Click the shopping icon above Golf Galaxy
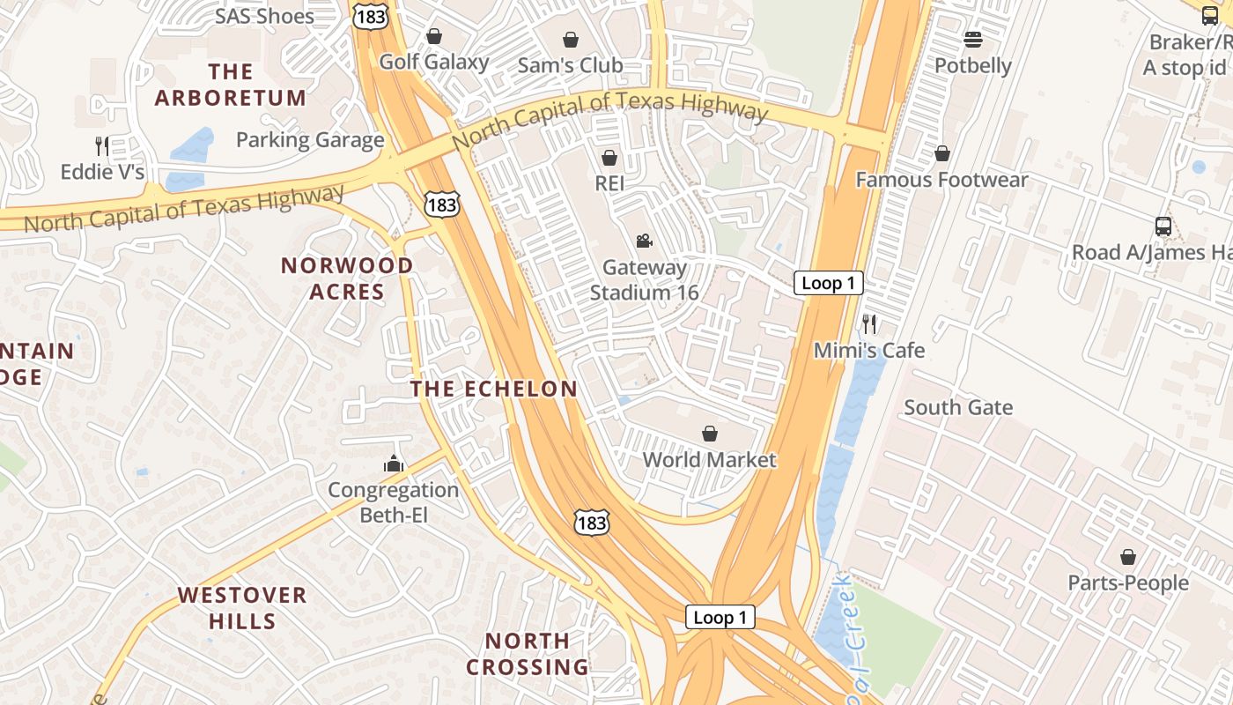click(x=434, y=36)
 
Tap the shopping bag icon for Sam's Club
click(x=571, y=40)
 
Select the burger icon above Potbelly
click(x=973, y=40)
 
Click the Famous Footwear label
click(x=941, y=180)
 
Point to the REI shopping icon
click(x=609, y=158)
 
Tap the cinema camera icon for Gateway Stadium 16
click(x=645, y=241)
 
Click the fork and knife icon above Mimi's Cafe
click(x=869, y=323)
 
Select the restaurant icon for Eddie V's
click(x=102, y=145)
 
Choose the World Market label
click(x=709, y=459)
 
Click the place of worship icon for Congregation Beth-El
click(x=393, y=463)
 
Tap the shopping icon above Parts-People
click(x=1128, y=557)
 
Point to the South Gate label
click(x=958, y=407)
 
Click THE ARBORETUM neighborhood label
click(x=231, y=85)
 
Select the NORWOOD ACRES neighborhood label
click(x=347, y=278)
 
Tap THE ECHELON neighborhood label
click(x=494, y=389)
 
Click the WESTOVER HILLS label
click(x=242, y=608)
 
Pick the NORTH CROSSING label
click(x=528, y=653)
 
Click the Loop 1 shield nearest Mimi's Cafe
click(x=828, y=283)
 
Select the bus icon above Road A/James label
click(x=1163, y=226)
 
